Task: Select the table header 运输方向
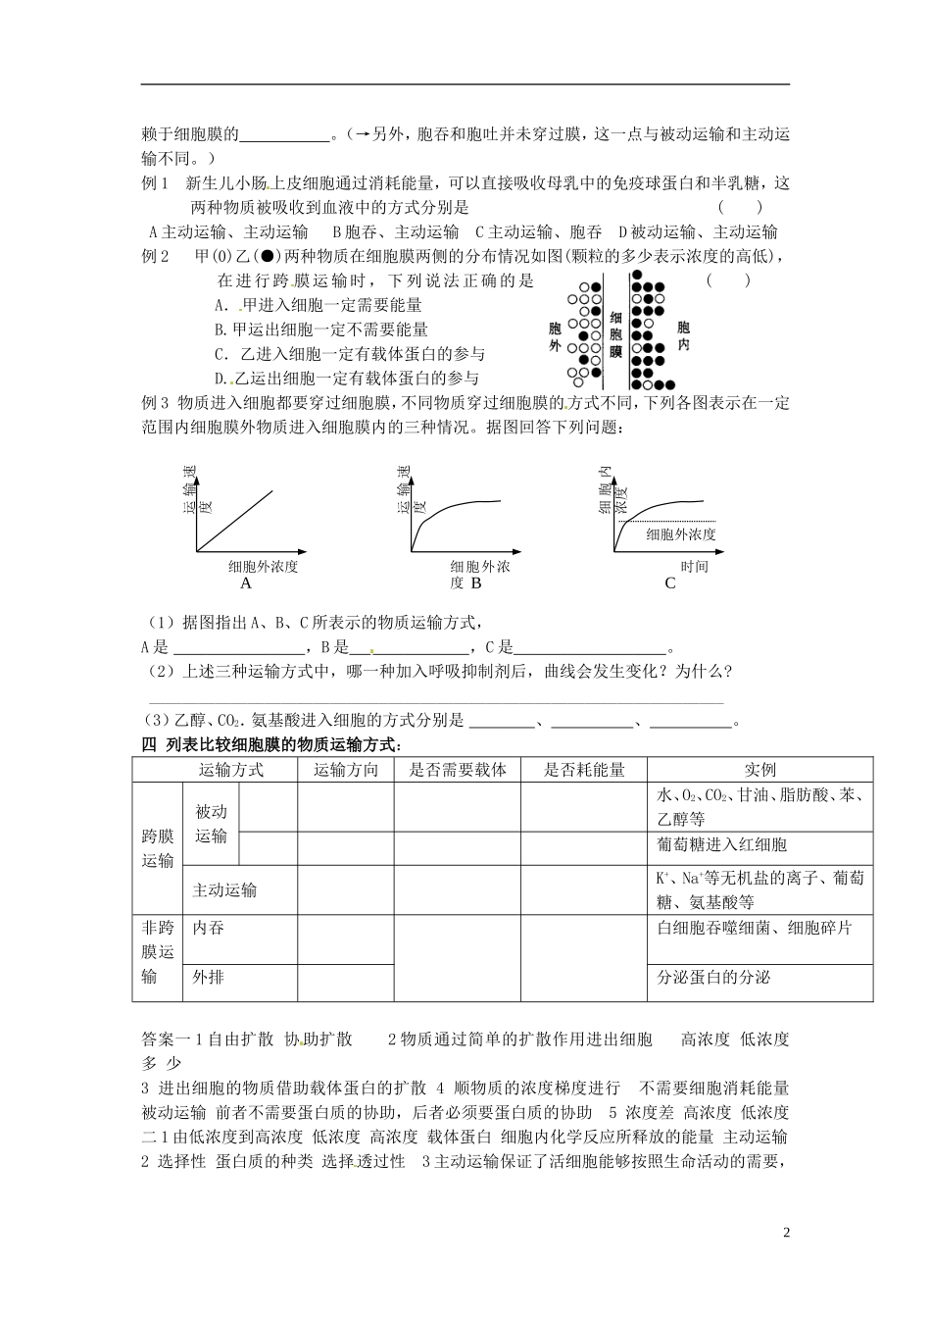pyautogui.click(x=345, y=770)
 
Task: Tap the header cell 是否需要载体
pyautogui.click(x=458, y=770)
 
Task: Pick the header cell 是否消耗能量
pyautogui.click(x=584, y=770)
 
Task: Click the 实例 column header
pyautogui.click(x=759, y=770)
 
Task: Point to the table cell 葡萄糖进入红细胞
pyautogui.click(x=722, y=844)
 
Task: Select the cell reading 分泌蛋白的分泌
pyautogui.click(x=713, y=978)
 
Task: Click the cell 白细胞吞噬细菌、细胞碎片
pyautogui.click(x=755, y=928)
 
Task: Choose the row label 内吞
pyautogui.click(x=209, y=928)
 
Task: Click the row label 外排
pyautogui.click(x=209, y=977)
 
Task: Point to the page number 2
pyautogui.click(x=786, y=1233)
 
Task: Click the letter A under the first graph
pyautogui.click(x=246, y=583)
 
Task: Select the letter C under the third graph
pyautogui.click(x=670, y=583)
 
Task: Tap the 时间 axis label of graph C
pyautogui.click(x=694, y=567)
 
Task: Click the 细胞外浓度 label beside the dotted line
pyautogui.click(x=681, y=534)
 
